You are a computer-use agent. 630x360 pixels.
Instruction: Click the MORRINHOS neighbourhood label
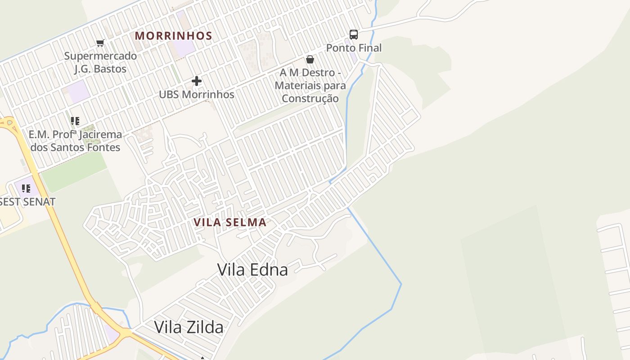click(x=173, y=36)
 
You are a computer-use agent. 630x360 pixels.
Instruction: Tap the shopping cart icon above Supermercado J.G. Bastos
click(x=100, y=43)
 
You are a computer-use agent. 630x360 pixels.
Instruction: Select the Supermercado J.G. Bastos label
click(x=100, y=63)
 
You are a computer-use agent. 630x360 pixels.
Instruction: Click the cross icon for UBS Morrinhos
click(x=197, y=81)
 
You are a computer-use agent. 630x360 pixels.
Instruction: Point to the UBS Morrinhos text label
click(x=197, y=94)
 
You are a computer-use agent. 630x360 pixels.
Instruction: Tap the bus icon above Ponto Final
click(x=354, y=35)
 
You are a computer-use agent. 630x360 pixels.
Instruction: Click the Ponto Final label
click(x=354, y=48)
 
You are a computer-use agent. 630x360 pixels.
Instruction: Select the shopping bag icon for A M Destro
click(x=310, y=59)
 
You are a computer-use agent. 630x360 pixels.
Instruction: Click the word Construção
click(x=310, y=98)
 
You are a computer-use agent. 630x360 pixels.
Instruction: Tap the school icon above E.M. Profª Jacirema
click(x=75, y=121)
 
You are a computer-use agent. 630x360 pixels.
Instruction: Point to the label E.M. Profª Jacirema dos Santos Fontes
click(x=75, y=141)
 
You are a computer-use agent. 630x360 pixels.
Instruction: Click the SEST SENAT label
click(x=27, y=202)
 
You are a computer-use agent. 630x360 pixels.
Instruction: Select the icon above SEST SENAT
click(x=26, y=189)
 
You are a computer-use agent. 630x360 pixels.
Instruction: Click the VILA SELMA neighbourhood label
click(x=230, y=222)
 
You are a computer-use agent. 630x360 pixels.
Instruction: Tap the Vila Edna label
click(x=252, y=270)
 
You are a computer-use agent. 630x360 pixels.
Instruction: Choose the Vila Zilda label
click(x=189, y=327)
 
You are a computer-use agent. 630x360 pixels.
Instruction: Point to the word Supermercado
click(x=100, y=56)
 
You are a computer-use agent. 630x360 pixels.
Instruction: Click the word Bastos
click(x=110, y=69)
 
